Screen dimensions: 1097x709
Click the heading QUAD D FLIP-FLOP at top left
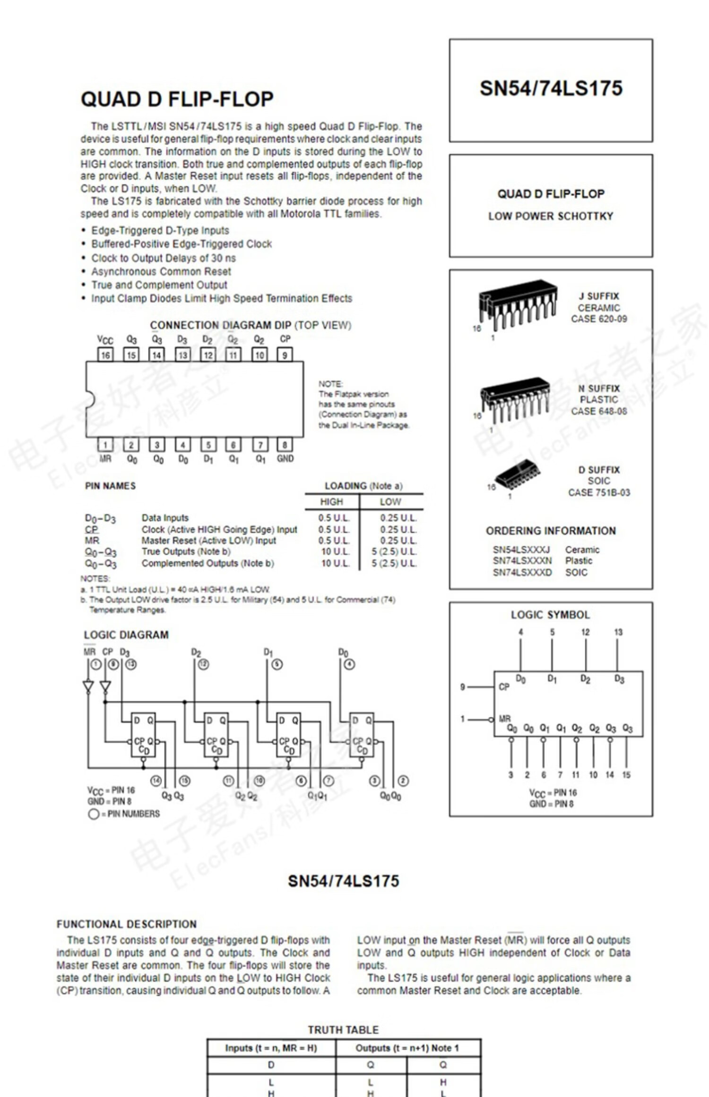[177, 99]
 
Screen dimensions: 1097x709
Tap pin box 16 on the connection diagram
[105, 355]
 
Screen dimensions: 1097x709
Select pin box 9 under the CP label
[285, 355]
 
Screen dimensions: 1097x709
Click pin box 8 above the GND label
[285, 445]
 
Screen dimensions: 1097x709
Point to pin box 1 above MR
[105, 445]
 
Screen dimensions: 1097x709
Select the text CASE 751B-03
[599, 493]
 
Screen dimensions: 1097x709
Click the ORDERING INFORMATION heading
[551, 531]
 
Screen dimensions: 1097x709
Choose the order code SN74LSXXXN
[522, 561]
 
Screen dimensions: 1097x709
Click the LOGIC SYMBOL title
[550, 615]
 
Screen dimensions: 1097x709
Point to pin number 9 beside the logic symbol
[463, 687]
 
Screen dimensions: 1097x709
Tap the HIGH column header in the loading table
[331, 502]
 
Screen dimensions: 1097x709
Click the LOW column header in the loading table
[390, 502]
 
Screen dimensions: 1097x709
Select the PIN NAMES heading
[110, 486]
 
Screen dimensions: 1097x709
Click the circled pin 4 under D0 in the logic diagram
[349, 665]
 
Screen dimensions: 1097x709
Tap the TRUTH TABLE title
[343, 1030]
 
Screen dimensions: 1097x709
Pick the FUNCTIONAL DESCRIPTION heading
[127, 924]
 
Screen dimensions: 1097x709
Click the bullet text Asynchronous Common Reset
[161, 272]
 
